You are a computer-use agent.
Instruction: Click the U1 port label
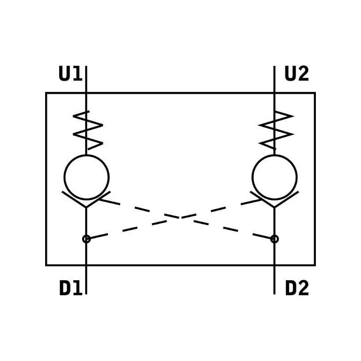pyautogui.click(x=70, y=74)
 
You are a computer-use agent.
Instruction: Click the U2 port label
pyautogui.click(x=297, y=74)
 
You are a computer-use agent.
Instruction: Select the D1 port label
pyautogui.click(x=71, y=288)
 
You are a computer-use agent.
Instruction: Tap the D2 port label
pyautogui.click(x=297, y=288)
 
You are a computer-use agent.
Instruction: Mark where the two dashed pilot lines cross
pyautogui.click(x=180, y=218)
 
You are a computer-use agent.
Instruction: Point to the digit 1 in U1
pyautogui.click(x=78, y=74)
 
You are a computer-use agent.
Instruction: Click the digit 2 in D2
pyautogui.click(x=303, y=288)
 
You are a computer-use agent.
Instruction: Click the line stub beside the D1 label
pyautogui.click(x=86, y=280)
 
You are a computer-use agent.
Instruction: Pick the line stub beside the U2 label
pyautogui.click(x=274, y=79)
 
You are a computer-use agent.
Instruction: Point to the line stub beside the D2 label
pyautogui.click(x=274, y=280)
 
